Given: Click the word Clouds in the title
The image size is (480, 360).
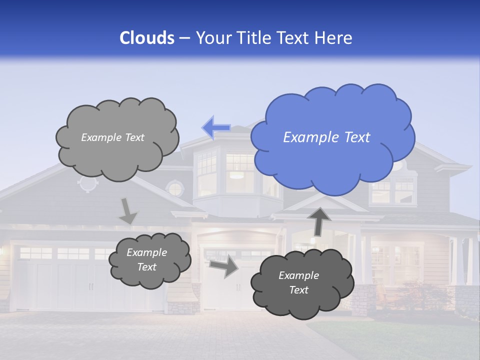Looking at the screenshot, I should (147, 38).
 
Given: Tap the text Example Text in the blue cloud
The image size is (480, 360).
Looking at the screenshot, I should (326, 137).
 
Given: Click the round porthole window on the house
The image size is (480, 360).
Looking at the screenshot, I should (175, 189).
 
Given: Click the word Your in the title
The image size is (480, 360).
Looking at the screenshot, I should (212, 38).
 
